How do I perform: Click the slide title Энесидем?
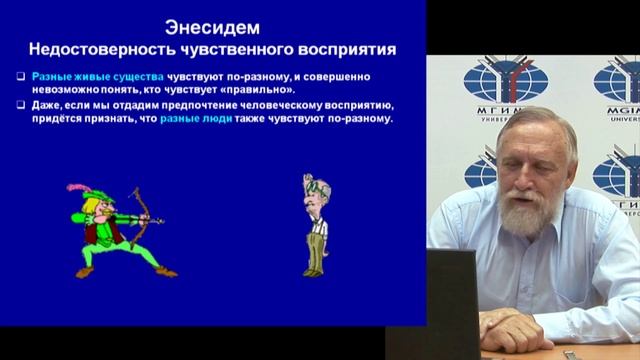click(x=212, y=25)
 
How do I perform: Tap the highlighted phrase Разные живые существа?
click(x=75, y=75)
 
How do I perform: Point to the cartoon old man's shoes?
click(x=315, y=271)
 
